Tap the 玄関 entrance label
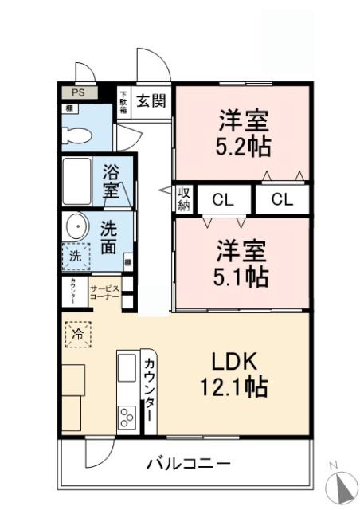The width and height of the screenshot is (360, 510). click(x=151, y=100)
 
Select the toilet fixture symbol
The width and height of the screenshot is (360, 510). click(x=75, y=134)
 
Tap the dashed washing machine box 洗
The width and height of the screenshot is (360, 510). click(x=74, y=257)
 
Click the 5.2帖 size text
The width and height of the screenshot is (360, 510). click(x=244, y=147)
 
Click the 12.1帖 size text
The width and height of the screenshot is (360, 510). click(x=233, y=388)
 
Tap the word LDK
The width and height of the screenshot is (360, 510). click(x=233, y=362)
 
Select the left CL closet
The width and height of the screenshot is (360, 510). click(x=223, y=199)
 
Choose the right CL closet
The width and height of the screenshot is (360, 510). click(x=282, y=199)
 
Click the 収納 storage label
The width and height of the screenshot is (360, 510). click(x=184, y=199)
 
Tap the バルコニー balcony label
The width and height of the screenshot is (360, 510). click(x=189, y=463)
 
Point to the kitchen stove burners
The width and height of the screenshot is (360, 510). click(x=127, y=416)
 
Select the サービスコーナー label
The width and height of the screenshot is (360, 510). click(x=104, y=292)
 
